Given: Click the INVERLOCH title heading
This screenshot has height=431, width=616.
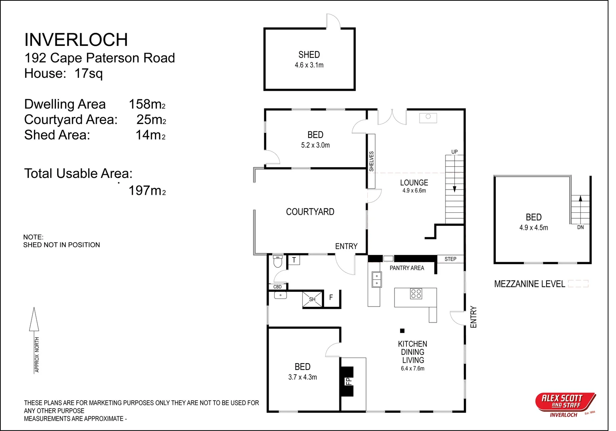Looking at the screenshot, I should coord(76,40).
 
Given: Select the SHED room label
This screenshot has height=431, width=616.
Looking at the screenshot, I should coord(309,55).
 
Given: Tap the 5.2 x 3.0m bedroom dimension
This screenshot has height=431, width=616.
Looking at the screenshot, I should coord(315,145).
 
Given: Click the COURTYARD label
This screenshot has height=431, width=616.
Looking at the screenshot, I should coord(310,212).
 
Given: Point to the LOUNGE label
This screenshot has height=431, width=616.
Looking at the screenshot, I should coord(414,183).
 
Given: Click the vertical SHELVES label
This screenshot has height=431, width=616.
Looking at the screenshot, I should coord(371,161).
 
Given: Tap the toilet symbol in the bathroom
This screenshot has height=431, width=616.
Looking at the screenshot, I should coord(277,261).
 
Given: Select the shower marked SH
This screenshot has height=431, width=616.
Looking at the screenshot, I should coord(312,299).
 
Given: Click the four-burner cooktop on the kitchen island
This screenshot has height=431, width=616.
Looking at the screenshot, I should coord(416,294).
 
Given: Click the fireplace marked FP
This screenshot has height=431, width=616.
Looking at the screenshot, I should coord(347,381).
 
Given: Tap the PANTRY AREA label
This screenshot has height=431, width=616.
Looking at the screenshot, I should coord(407,268).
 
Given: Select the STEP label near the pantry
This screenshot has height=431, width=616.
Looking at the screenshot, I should coord(450,259).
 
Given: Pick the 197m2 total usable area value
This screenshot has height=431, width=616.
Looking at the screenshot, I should coord(147,191).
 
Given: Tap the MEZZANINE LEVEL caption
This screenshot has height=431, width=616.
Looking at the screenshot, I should coord(529,284).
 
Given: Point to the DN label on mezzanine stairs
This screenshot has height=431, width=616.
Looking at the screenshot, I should coord(580,227).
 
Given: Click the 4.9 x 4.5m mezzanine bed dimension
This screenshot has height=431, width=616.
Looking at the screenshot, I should coord(533,228).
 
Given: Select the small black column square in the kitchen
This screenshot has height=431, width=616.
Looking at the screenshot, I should coord(402,331).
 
